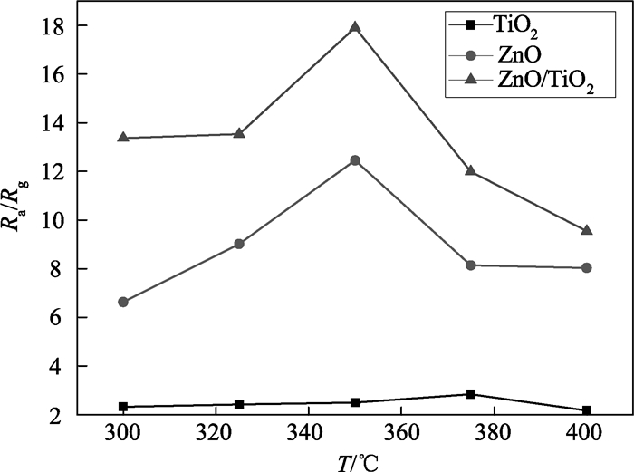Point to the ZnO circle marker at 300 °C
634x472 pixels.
[123, 302]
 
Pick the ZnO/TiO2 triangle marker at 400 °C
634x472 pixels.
[587, 230]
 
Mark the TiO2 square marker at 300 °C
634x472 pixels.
[123, 407]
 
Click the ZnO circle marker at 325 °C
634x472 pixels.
[239, 244]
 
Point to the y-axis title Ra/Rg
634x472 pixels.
[20, 220]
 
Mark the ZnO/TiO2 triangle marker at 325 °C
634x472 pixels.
[239, 133]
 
